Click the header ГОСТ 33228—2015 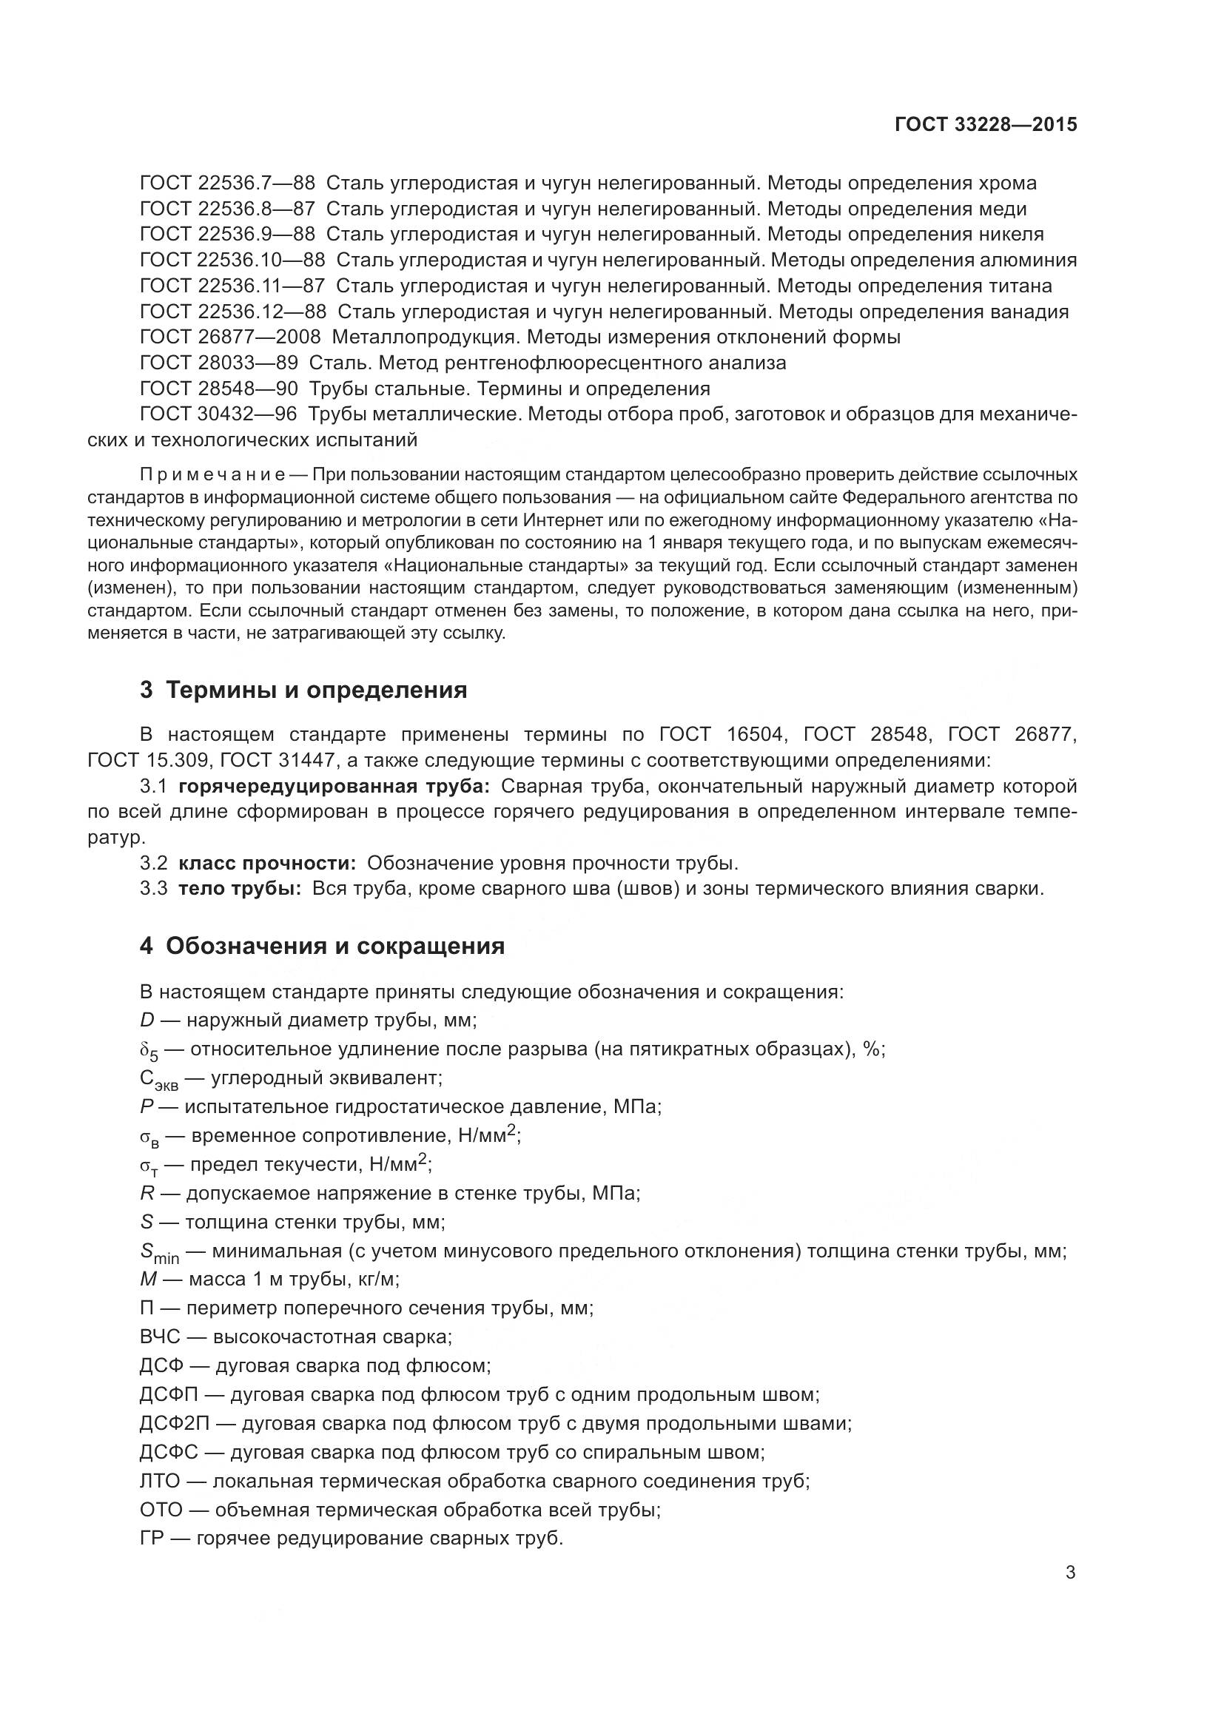click(x=986, y=124)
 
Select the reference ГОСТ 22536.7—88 click(x=228, y=184)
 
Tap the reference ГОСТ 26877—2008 click(x=231, y=337)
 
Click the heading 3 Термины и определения click(x=303, y=690)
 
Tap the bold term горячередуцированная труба click(x=334, y=787)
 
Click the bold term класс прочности click(x=267, y=863)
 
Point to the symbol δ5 click(x=149, y=1051)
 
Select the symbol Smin click(x=159, y=1252)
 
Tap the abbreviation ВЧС click(x=160, y=1337)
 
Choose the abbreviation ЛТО click(x=160, y=1482)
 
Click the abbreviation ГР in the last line click(x=152, y=1539)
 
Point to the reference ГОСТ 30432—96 click(x=218, y=414)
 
